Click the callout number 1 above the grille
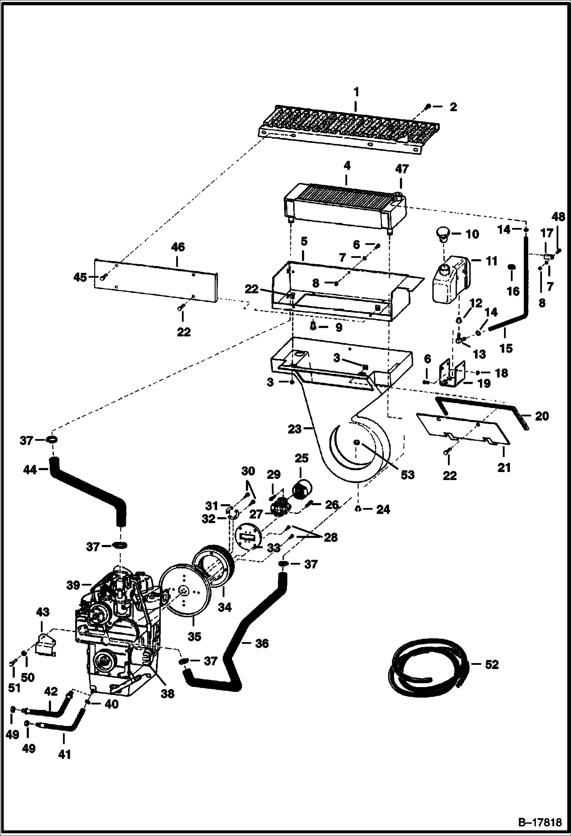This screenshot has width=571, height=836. click(356, 92)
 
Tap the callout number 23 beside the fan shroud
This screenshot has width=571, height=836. click(295, 429)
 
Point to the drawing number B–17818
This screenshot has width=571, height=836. click(539, 822)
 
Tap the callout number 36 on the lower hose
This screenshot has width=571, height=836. click(261, 643)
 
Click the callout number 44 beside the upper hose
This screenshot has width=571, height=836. click(30, 470)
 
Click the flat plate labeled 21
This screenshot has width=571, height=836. click(463, 429)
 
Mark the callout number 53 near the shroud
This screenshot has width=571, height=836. click(407, 475)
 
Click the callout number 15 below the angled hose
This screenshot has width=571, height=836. click(506, 348)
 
